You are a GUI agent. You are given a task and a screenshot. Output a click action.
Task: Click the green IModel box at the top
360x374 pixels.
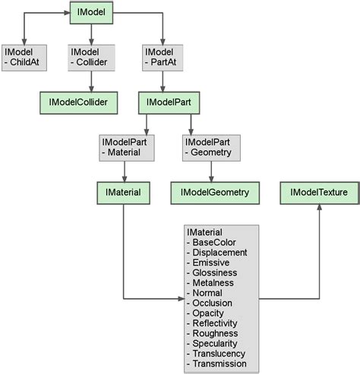coord(92,11)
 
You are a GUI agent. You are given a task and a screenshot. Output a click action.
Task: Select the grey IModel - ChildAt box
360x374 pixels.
coord(24,57)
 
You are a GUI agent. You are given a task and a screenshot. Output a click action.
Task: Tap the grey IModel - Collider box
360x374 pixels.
coord(92,57)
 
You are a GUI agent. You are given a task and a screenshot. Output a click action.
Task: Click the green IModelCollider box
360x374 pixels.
coord(79,102)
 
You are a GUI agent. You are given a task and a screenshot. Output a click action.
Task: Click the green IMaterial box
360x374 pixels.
coord(123,193)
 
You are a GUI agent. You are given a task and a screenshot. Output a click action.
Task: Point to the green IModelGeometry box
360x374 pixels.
coord(215,193)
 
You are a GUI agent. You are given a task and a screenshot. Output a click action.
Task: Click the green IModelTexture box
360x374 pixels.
coord(318,193)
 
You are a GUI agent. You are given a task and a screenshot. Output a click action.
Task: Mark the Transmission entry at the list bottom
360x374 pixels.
coord(221,363)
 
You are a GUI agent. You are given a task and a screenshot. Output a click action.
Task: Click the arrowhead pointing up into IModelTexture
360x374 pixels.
coord(318,208)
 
